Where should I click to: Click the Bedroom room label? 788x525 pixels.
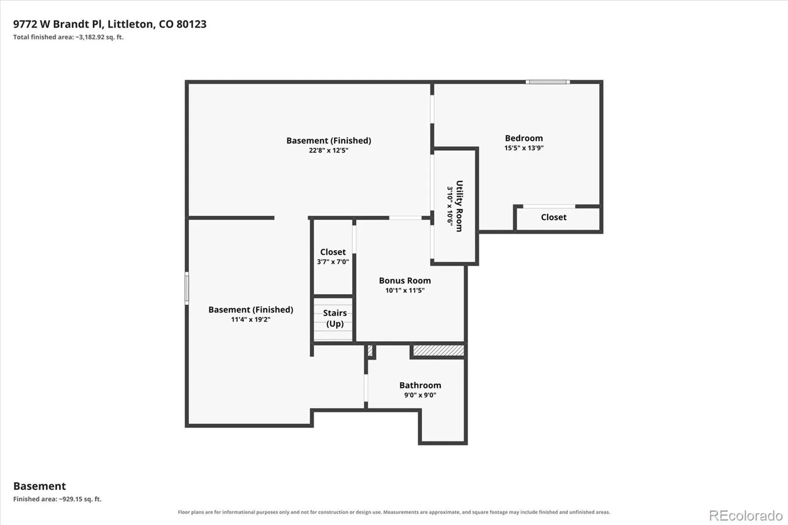click(x=524, y=138)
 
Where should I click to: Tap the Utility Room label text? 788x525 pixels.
click(x=460, y=206)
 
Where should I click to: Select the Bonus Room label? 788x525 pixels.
click(x=404, y=280)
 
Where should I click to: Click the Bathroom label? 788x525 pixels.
click(x=420, y=385)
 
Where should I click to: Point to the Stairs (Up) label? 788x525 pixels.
click(x=335, y=318)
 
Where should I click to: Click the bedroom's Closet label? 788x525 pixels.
click(x=554, y=217)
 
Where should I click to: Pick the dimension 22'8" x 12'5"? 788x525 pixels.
click(x=328, y=150)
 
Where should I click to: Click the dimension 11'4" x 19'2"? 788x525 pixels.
click(x=251, y=320)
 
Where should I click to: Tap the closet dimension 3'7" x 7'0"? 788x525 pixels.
click(x=333, y=262)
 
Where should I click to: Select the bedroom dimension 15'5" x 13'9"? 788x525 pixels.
click(x=524, y=148)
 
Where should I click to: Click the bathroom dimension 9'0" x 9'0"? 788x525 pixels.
click(x=420, y=395)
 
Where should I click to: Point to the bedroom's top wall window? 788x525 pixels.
click(x=548, y=82)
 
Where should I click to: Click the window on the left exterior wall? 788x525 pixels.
click(x=187, y=288)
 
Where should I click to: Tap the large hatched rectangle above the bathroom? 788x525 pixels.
click(x=438, y=351)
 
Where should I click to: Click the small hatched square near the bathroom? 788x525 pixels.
click(x=370, y=351)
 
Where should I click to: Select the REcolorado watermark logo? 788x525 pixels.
click(x=746, y=516)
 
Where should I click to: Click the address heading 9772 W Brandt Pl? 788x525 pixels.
click(x=59, y=24)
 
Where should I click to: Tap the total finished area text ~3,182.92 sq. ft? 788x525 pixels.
click(x=99, y=37)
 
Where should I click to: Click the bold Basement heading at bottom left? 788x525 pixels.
click(x=39, y=486)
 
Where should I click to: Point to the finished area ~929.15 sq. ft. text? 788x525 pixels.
click(x=80, y=499)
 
